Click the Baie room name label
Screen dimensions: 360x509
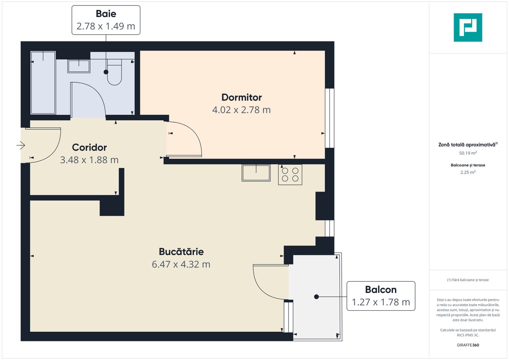tap(106, 14)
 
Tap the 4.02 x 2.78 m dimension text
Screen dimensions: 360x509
tap(241, 110)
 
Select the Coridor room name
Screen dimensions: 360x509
tap(89, 147)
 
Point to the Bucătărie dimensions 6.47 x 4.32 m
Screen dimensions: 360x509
tap(181, 264)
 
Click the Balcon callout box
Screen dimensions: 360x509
tap(381, 296)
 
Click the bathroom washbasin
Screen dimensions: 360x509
tap(79, 66)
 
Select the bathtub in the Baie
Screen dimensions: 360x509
tap(43, 83)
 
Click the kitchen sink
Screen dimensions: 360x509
tap(256, 173)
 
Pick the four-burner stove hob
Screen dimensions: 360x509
tap(290, 174)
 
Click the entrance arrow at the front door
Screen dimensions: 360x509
tap(21, 145)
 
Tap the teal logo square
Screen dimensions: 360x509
tap(468, 27)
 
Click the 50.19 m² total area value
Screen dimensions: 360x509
tap(468, 153)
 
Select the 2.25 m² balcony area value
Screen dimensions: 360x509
tap(468, 172)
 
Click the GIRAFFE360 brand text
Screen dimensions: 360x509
tap(468, 345)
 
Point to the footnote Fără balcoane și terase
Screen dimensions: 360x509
tap(468, 280)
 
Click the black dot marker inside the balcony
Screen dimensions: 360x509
tap(316, 297)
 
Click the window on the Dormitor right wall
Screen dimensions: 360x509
tap(329, 118)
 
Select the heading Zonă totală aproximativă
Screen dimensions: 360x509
tap(467, 145)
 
